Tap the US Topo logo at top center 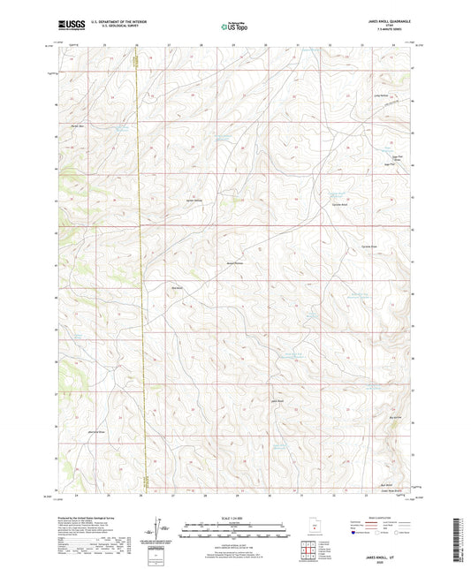232,27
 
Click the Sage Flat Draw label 385,160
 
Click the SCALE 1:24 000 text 234,518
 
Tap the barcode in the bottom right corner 460,539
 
